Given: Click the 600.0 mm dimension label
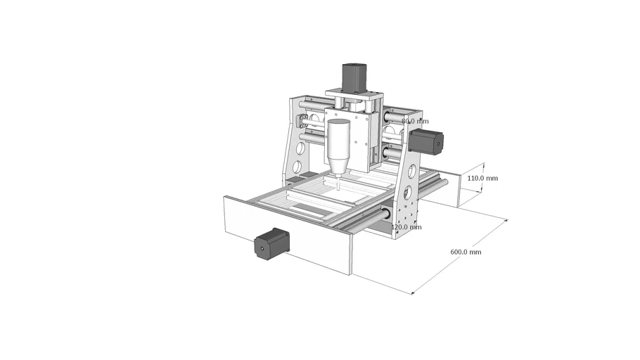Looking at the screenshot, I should click(466, 252).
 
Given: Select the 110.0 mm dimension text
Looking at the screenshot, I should click(482, 179).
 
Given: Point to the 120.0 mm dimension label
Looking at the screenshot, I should click(407, 227).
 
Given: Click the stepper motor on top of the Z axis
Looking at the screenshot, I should click(355, 76).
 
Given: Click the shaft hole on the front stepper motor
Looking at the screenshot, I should click(262, 248).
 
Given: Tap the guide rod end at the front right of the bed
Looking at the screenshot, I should click(385, 213).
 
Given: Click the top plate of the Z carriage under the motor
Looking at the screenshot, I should click(354, 94).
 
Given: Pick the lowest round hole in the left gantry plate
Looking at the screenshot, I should click(297, 167).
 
